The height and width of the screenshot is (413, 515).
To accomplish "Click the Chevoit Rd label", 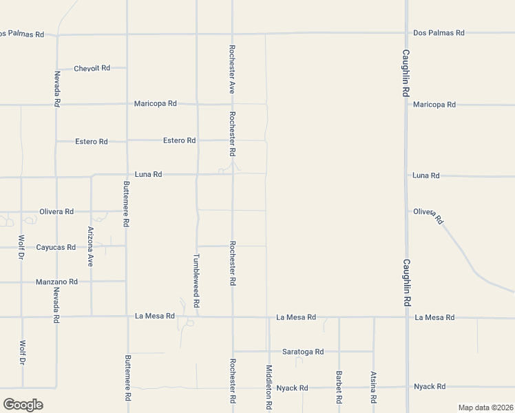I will point(92,68).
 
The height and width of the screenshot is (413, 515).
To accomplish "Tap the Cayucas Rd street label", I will point(56,246).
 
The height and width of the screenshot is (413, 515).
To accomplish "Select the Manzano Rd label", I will point(56,282).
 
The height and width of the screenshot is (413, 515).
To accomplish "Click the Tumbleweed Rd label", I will point(196,280).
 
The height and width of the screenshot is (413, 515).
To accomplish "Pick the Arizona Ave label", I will point(90,246).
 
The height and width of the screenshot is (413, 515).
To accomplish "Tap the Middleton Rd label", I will point(269,388).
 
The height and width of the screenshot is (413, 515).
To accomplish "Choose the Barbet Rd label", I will point(339,388).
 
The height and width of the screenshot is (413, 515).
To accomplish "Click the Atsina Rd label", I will point(374,388).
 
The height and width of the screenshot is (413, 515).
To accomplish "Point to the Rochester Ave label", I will point(232,70).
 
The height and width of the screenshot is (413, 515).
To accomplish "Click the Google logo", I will point(23,405).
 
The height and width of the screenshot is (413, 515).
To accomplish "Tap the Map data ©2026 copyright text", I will point(485,407).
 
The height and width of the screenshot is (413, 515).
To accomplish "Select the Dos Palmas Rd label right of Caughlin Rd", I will point(439,32).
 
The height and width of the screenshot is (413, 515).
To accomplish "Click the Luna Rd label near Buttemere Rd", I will point(148,175).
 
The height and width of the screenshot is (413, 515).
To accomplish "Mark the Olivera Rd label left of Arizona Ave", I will point(56,211).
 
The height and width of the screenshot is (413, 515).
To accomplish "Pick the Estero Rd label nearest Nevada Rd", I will point(92,142).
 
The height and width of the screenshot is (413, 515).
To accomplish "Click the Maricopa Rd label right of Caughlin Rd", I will point(434,105).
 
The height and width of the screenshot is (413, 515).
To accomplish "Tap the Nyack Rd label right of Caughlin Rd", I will point(430,387).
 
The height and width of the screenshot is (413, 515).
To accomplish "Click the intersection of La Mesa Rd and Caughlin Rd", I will point(407,317).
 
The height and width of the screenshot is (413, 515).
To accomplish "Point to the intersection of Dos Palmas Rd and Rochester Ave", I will point(232,33).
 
